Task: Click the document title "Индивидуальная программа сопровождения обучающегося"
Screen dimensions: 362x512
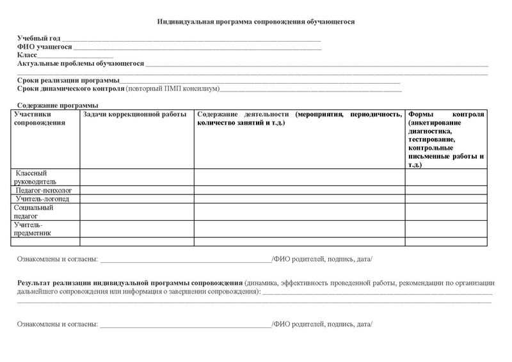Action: pyautogui.click(x=256, y=22)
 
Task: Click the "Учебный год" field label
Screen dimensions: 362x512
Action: pyautogui.click(x=39, y=39)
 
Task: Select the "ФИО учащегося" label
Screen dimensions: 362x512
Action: pyautogui.click(x=44, y=47)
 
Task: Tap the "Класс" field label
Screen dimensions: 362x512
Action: pyautogui.click(x=28, y=56)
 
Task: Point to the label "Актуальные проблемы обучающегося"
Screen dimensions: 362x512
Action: pyautogui.click(x=81, y=64)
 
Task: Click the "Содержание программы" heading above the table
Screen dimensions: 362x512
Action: pyautogui.click(x=58, y=105)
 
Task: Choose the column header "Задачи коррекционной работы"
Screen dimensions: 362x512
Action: pyautogui.click(x=135, y=114)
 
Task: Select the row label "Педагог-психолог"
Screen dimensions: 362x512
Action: pyautogui.click(x=44, y=190)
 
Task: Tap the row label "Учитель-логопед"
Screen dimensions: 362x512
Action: pyautogui.click(x=43, y=199)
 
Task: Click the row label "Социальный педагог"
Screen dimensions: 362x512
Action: pyautogui.click(x=34, y=212)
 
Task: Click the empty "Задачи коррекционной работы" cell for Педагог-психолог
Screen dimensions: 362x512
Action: pyautogui.click(x=136, y=190)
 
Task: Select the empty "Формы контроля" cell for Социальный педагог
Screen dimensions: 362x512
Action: pyautogui.click(x=445, y=212)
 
